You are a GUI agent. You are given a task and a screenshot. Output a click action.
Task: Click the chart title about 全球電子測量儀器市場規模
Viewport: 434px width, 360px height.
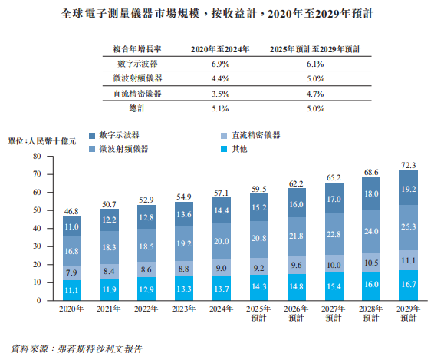tap(217, 13)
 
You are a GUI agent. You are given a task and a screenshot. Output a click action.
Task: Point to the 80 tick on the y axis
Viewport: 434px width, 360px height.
tap(36, 156)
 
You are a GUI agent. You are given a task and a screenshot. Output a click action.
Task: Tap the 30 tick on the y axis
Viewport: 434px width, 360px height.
tap(36, 246)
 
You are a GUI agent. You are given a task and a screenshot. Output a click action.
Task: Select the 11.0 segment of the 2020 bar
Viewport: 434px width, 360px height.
tap(72, 226)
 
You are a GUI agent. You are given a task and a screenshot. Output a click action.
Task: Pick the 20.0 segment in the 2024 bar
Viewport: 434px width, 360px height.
tap(222, 241)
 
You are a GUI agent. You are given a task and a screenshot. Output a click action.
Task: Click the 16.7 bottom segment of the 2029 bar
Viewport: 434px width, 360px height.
tap(409, 284)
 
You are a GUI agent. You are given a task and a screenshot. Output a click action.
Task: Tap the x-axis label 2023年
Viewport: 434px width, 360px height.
tap(184, 309)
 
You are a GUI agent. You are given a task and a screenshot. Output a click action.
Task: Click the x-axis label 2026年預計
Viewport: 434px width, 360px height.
tap(296, 312)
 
